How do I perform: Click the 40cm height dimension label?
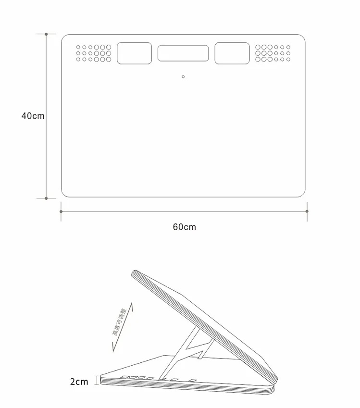click(33, 116)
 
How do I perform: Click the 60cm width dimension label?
click(184, 227)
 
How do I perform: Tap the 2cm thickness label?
click(79, 382)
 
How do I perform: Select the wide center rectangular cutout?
click(183, 53)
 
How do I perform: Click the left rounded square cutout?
click(134, 53)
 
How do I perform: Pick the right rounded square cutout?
click(232, 53)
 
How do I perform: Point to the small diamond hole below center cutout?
click(183, 76)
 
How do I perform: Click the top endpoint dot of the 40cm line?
click(46, 34)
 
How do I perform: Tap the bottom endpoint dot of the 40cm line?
click(46, 198)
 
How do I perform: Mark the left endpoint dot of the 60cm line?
click(61, 211)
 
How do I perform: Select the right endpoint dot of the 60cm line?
click(307, 211)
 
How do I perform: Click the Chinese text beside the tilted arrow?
click(120, 322)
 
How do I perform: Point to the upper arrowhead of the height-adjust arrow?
click(132, 305)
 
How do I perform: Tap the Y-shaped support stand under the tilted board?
click(187, 352)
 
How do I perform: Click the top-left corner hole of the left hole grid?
click(78, 47)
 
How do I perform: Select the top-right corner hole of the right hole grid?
click(288, 47)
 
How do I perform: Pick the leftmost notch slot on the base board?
click(125, 377)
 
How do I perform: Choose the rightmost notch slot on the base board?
click(193, 381)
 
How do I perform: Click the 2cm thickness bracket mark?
click(97, 380)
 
